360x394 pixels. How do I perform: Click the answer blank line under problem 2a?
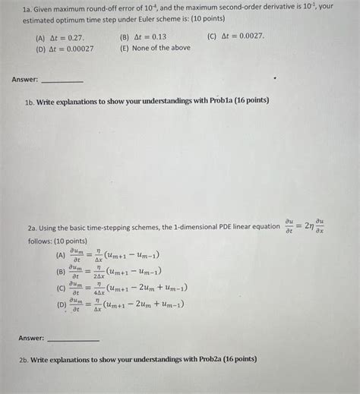tap(73, 339)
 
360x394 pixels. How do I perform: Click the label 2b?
tap(33, 359)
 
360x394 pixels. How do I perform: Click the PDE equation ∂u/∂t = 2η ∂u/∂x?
tap(307, 226)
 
